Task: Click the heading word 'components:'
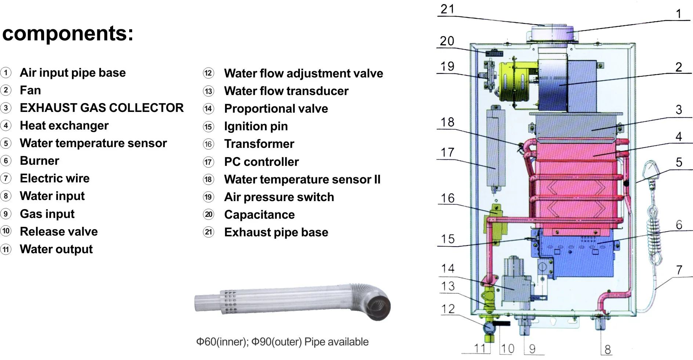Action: [68, 34]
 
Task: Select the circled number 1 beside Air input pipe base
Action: [6, 73]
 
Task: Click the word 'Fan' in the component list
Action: [30, 90]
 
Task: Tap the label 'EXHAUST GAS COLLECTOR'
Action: [102, 108]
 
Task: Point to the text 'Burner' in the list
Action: [40, 161]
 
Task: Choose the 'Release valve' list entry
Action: [59, 232]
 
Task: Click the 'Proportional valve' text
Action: [276, 109]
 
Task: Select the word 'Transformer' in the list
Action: [259, 144]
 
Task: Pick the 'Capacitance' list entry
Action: [260, 215]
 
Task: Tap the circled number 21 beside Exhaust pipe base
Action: [208, 232]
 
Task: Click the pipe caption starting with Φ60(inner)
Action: [282, 342]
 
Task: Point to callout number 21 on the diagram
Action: [447, 9]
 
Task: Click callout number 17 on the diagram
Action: [447, 152]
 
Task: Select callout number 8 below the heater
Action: [608, 349]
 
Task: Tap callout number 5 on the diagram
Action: [679, 162]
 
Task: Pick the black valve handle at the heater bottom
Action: [501, 324]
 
